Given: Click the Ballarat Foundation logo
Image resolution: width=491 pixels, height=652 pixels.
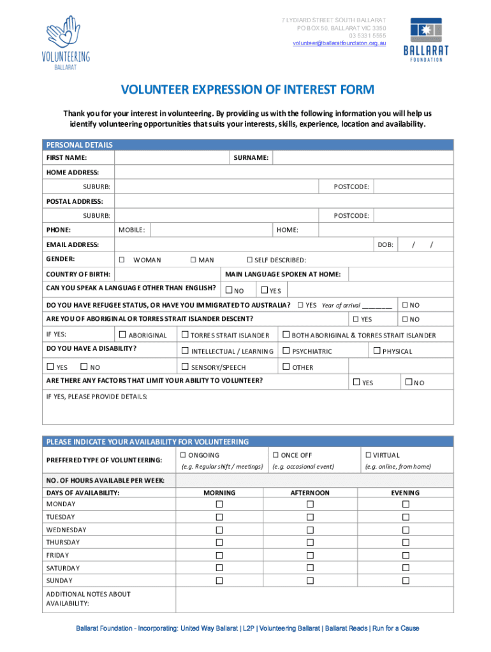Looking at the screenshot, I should click(425, 39).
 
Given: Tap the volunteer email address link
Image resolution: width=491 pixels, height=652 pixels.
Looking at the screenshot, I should click(339, 43).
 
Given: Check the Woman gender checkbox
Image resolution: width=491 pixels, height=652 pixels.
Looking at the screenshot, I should click(121, 260).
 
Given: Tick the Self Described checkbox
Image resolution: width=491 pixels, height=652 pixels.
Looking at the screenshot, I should click(250, 260).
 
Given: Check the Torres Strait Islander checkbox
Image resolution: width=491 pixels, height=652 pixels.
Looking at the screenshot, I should click(185, 335).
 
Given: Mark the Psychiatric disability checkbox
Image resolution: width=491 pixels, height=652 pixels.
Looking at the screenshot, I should click(286, 351).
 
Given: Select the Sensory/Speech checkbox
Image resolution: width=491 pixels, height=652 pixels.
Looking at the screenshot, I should click(185, 367).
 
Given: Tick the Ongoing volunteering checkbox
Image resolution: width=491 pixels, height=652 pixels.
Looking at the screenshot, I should click(183, 455).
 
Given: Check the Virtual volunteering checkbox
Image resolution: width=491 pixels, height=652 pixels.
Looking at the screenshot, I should click(368, 455).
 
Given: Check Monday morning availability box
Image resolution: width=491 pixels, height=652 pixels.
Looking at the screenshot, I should click(219, 504).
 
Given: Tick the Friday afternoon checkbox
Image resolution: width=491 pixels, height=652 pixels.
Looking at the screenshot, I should click(310, 555).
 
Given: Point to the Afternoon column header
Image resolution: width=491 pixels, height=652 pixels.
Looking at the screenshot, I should click(310, 493).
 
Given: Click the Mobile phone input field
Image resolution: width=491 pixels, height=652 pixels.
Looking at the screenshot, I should click(210, 230).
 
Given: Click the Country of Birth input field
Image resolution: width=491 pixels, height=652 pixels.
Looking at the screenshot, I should click(167, 274).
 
